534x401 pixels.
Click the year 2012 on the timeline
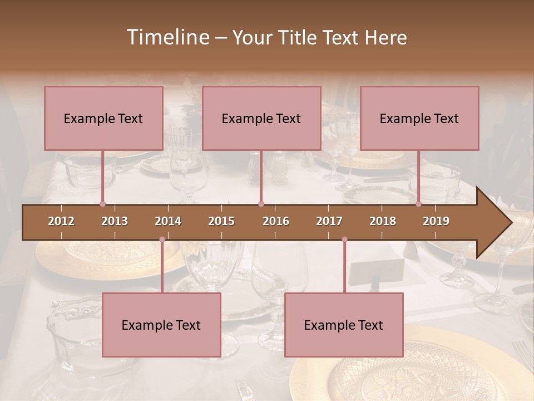61,221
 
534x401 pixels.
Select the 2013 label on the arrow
115,221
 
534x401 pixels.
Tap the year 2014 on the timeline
168,221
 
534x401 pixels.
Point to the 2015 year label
221,221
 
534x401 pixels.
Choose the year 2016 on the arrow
276,221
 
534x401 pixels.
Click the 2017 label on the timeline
329,221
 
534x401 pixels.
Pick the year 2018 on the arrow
383,221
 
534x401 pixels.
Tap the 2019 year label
436,221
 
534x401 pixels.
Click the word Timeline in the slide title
166,37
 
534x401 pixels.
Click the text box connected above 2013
103,118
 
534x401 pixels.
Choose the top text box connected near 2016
261,118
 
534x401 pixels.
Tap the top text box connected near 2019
419,118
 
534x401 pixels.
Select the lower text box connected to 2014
161,325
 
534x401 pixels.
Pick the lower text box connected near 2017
344,325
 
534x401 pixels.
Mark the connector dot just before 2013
102,204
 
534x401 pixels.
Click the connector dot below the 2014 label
162,239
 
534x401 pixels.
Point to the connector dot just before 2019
419,204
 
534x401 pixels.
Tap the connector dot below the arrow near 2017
344,239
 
